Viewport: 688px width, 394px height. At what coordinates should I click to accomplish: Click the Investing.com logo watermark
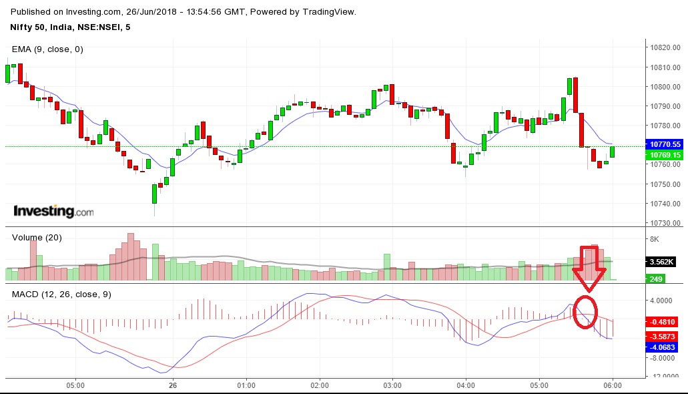click(x=53, y=212)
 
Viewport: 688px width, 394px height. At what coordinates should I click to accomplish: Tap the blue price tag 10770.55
click(x=666, y=144)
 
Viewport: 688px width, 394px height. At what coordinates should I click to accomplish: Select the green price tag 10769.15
click(x=666, y=155)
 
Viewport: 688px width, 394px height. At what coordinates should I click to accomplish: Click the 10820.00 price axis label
click(x=666, y=48)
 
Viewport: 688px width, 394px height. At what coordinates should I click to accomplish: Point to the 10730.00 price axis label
click(x=666, y=223)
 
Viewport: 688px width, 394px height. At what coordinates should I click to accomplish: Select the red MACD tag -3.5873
click(x=666, y=335)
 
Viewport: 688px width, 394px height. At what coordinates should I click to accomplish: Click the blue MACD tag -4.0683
click(x=666, y=347)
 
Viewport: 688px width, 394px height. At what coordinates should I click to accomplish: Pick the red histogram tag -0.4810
click(x=666, y=321)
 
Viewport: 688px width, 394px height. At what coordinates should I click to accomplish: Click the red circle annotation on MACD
click(x=585, y=311)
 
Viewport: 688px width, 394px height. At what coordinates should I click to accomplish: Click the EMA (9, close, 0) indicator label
click(x=47, y=49)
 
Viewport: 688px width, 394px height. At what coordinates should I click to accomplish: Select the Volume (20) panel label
click(x=37, y=238)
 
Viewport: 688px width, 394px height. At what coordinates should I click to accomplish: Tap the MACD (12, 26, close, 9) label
click(x=61, y=294)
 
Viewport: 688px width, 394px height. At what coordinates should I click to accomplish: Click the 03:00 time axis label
click(x=392, y=385)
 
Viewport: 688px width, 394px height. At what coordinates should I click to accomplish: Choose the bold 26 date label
click(x=173, y=385)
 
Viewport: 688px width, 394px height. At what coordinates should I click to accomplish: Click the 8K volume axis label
click(x=654, y=239)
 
